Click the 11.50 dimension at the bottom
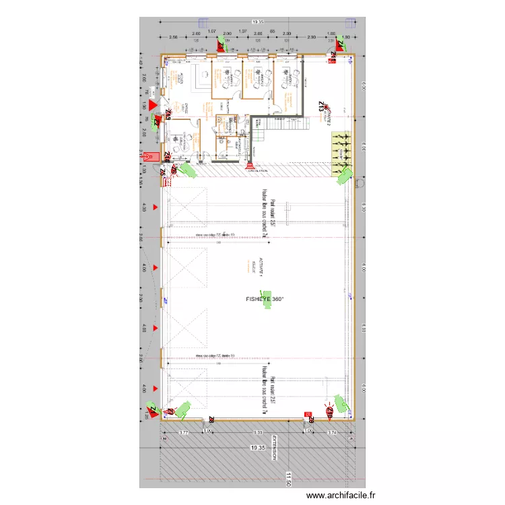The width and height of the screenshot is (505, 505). coord(288,479)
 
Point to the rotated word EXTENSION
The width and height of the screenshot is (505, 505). coord(274,448)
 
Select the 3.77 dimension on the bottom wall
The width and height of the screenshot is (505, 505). coord(183,433)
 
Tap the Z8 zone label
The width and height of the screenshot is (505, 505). coord(211,421)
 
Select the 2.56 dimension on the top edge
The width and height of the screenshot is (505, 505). coord(173,37)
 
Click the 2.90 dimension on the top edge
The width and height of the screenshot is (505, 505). coord(311,37)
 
